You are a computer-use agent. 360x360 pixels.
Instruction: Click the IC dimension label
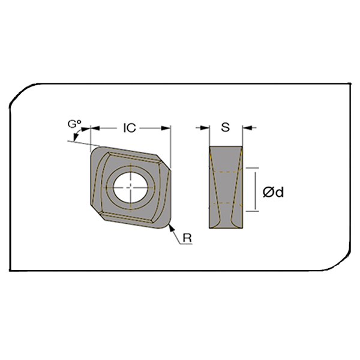pyautogui.click(x=130, y=128)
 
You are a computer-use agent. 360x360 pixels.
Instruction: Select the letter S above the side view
pyautogui.click(x=225, y=127)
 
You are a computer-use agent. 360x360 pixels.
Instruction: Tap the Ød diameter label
pyautogui.click(x=273, y=192)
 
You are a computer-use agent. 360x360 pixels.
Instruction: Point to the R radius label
pyautogui.click(x=187, y=238)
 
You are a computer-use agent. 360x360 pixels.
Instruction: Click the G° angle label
pyautogui.click(x=74, y=124)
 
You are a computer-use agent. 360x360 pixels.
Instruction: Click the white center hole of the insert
pyautogui.click(x=131, y=188)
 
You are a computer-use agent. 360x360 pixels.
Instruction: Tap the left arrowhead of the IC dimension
pyautogui.click(x=95, y=128)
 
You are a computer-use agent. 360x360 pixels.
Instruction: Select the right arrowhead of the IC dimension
pyautogui.click(x=166, y=128)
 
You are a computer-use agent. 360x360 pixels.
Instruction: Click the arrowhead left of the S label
pyautogui.click(x=205, y=128)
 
